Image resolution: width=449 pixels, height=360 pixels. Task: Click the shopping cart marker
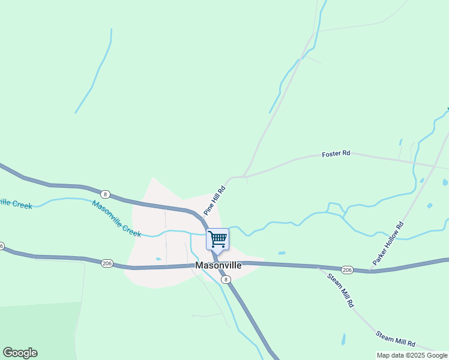point(217,239)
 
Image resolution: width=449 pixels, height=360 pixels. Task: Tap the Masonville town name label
point(218,265)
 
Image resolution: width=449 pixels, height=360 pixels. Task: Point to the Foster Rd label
point(336,154)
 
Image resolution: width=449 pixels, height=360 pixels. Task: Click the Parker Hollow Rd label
point(388,244)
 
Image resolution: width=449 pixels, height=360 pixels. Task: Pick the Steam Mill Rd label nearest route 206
point(340,290)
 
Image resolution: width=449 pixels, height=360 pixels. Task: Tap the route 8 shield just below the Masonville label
point(225,279)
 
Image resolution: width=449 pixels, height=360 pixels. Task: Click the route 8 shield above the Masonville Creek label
point(105,194)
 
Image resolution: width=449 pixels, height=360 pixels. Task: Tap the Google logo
point(20,353)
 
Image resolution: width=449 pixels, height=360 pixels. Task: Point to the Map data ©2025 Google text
point(412,355)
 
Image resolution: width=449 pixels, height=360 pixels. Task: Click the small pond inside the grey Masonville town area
point(158,259)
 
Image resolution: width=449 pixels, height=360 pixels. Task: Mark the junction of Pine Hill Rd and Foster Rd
point(245,177)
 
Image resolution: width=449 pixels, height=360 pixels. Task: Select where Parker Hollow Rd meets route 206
point(371,270)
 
